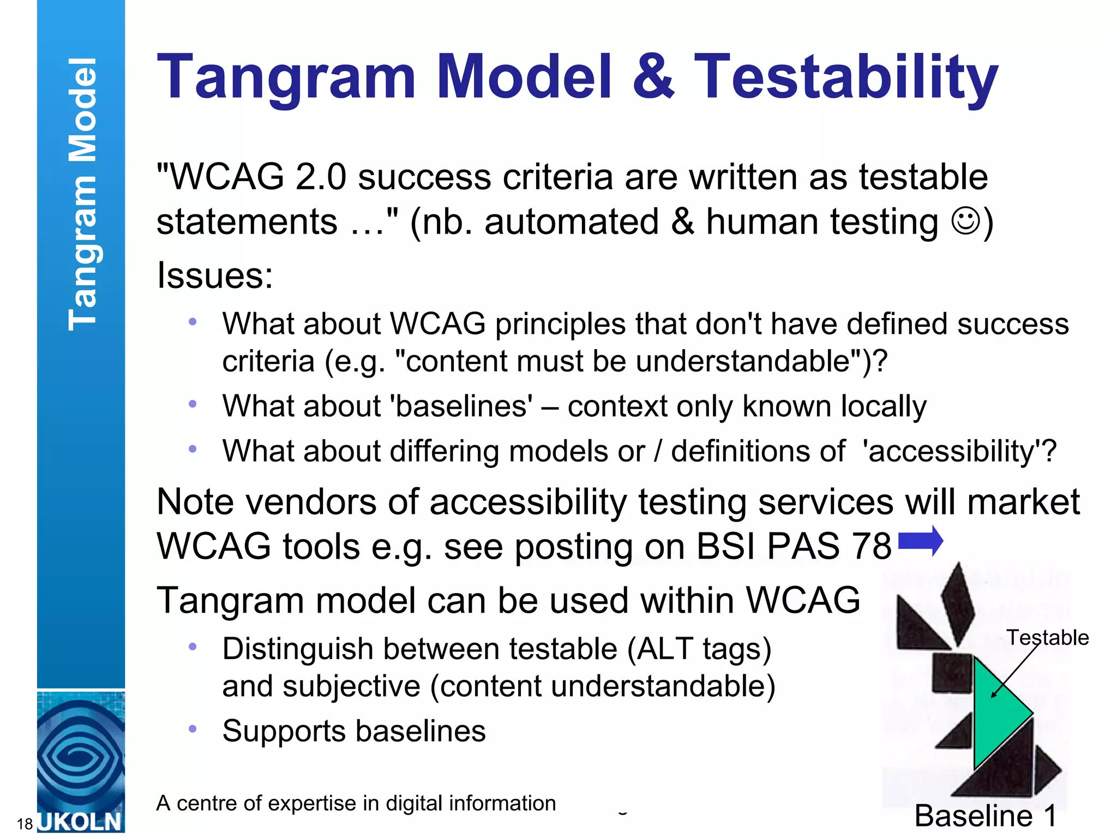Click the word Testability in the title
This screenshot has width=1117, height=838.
tap(845, 77)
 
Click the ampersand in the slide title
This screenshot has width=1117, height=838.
tap(653, 77)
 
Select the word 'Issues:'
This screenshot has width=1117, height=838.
tap(214, 275)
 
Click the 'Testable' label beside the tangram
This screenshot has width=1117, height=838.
tap(1047, 637)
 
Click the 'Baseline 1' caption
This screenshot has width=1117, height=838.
tap(985, 816)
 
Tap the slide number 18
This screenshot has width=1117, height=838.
tap(25, 824)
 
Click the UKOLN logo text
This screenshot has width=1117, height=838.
tap(81, 822)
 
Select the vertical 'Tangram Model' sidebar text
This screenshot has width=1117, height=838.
tap(82, 194)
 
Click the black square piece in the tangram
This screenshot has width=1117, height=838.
tap(952, 673)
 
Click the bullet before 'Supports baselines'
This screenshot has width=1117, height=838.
tap(192, 729)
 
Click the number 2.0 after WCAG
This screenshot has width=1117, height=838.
tap(321, 177)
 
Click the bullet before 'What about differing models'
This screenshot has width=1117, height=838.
tap(192, 450)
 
